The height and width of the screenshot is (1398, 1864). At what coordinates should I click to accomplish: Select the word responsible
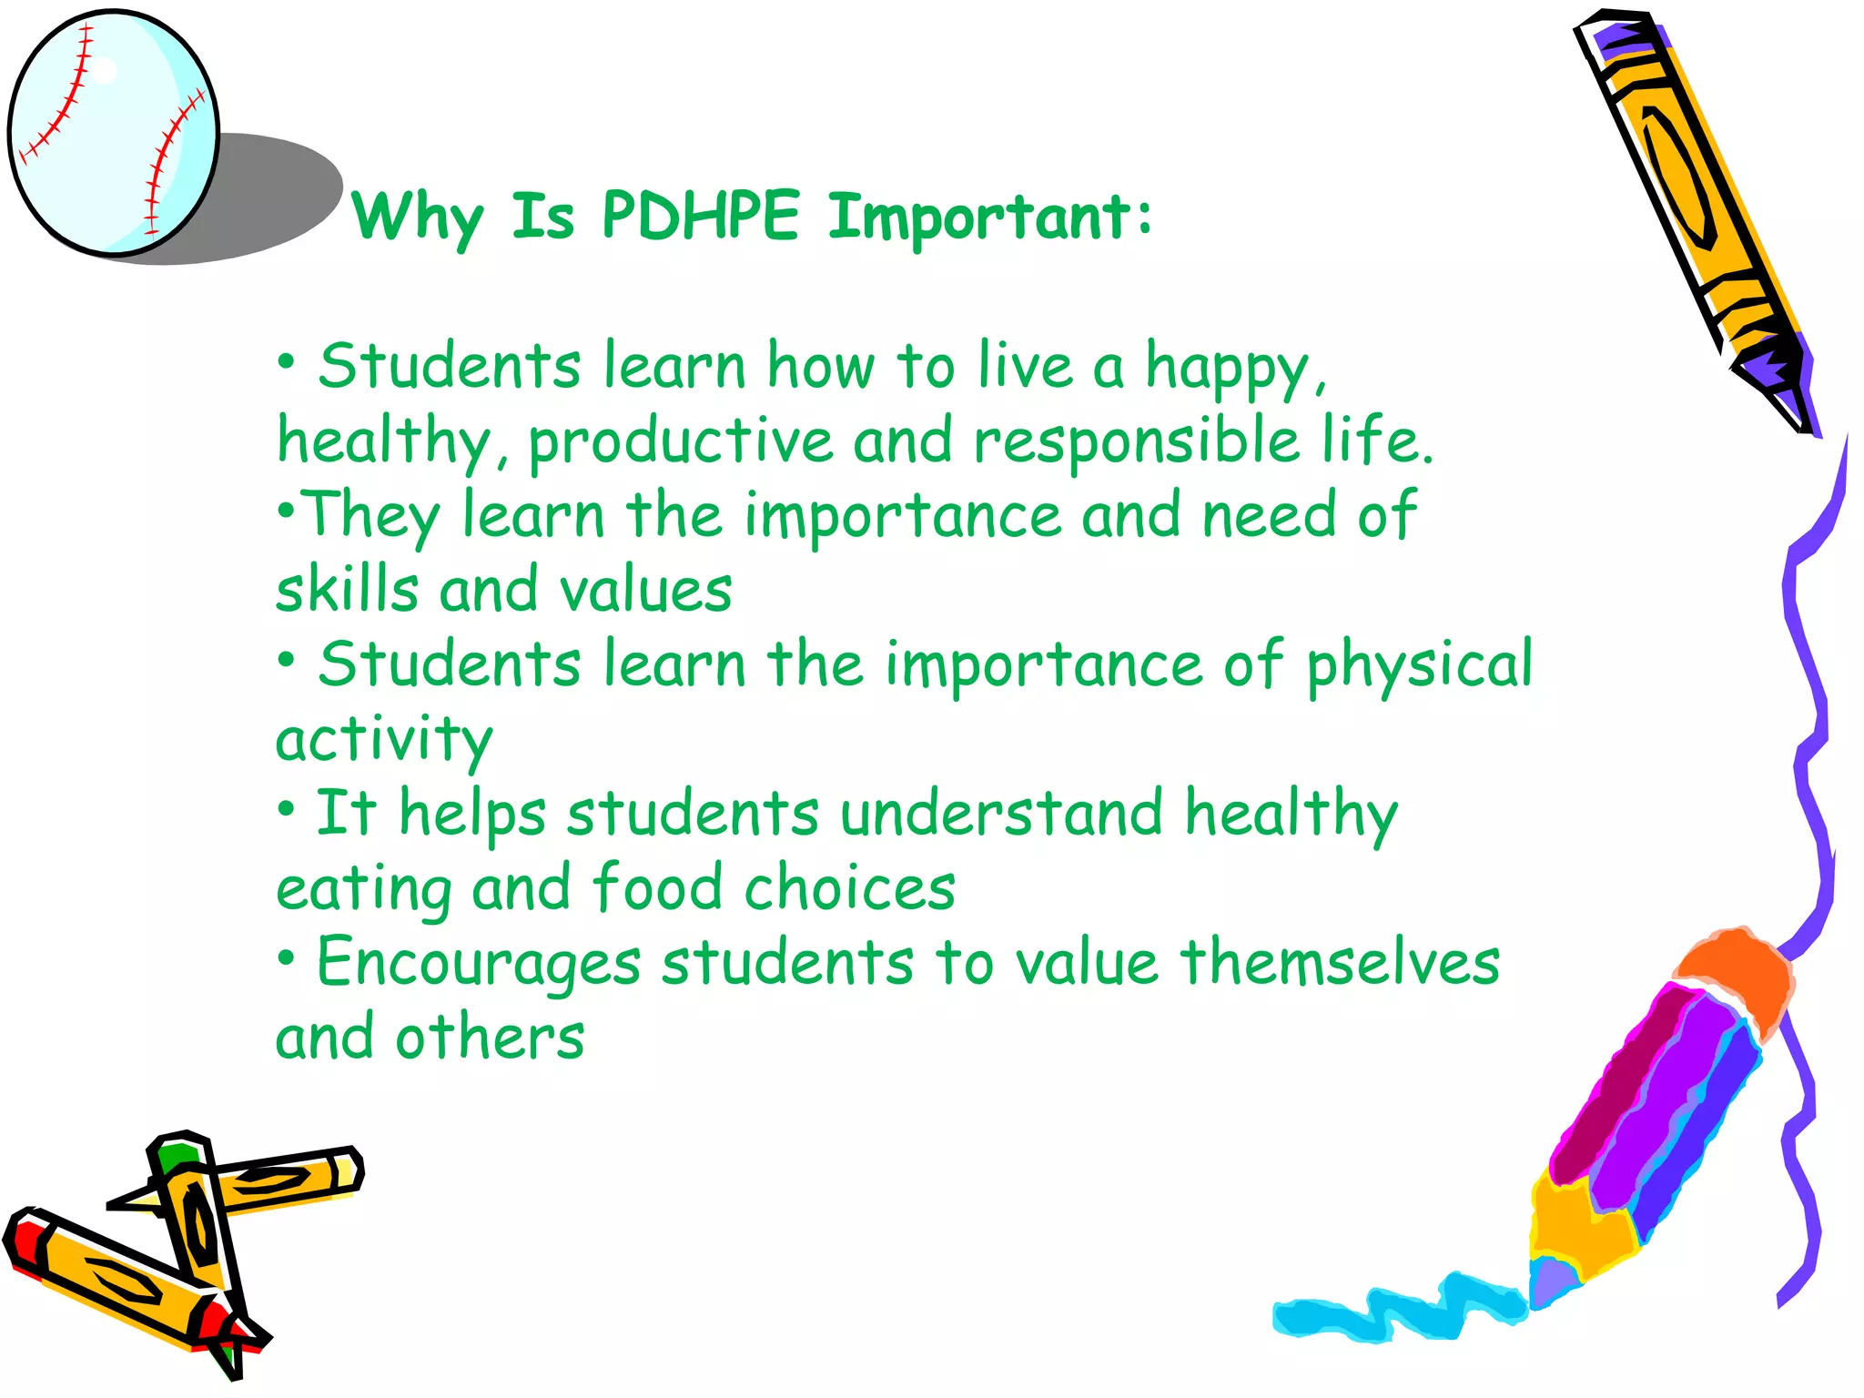pos(1137,442)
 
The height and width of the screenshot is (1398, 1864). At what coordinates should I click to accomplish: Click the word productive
pos(681,442)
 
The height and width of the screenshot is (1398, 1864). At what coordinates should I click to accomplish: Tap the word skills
pos(347,590)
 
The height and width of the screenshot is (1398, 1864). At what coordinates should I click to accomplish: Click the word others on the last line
pos(489,1038)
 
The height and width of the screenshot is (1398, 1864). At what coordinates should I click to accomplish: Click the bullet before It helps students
pos(287,808)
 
